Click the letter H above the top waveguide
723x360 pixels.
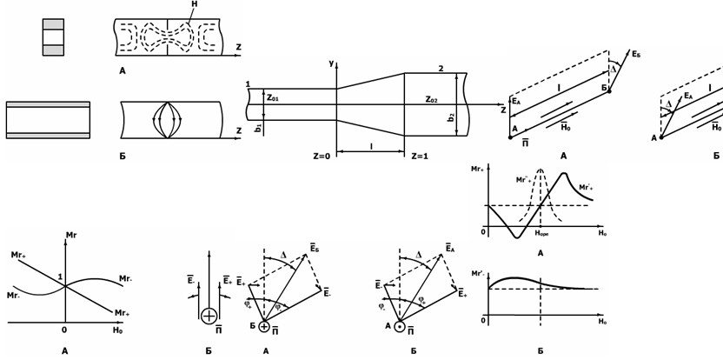click(194, 4)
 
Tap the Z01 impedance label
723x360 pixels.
click(273, 98)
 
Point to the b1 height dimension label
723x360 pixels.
click(258, 127)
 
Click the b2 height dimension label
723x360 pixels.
click(451, 117)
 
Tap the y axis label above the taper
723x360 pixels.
click(331, 63)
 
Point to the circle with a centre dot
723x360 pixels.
click(399, 327)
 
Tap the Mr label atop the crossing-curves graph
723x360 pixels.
click(71, 235)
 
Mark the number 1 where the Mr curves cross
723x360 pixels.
click(61, 277)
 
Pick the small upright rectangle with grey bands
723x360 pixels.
click(53, 37)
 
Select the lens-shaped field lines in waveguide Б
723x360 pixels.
click(165, 120)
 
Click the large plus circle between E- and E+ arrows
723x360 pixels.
click(209, 316)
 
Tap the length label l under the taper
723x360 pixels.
click(371, 146)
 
